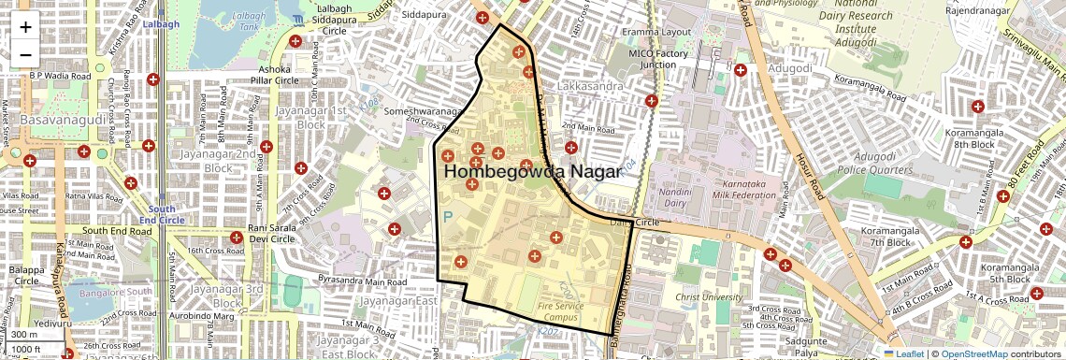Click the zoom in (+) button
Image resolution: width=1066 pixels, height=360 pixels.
point(25,27)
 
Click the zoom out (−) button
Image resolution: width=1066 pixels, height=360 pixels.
point(25,53)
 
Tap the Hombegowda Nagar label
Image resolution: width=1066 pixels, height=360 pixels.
point(531,172)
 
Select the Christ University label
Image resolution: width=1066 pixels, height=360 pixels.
point(705,297)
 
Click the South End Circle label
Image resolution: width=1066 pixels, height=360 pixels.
point(161,214)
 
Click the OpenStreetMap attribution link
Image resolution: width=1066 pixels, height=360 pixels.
point(973,353)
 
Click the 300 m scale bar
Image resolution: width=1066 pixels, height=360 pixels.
point(26,335)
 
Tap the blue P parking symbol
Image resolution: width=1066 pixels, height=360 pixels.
point(447,217)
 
